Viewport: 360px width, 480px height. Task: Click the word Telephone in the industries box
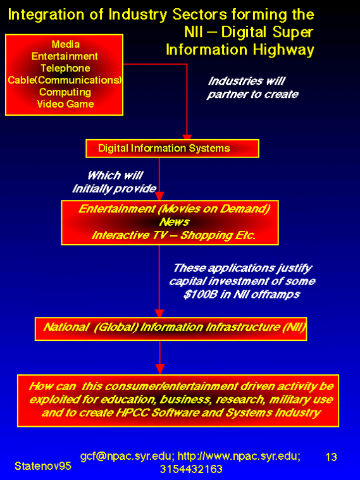pyautogui.click(x=65, y=68)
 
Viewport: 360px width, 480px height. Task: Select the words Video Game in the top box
pyautogui.click(x=65, y=104)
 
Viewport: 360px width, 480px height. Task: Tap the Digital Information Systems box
pyautogui.click(x=172, y=149)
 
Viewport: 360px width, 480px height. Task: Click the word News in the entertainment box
pyautogui.click(x=174, y=222)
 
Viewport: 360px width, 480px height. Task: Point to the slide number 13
pyautogui.click(x=331, y=457)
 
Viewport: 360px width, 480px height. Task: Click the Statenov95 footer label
pyautogui.click(x=43, y=466)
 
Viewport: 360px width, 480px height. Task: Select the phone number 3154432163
pyautogui.click(x=191, y=469)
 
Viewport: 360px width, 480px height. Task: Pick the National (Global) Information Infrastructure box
pyautogui.click(x=171, y=329)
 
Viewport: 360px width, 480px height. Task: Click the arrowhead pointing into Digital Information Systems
pyautogui.click(x=187, y=137)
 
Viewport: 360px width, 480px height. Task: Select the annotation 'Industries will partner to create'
pyautogui.click(x=252, y=87)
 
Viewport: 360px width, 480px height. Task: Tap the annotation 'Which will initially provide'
pyautogui.click(x=115, y=182)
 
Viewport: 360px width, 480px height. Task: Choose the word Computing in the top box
pyautogui.click(x=65, y=92)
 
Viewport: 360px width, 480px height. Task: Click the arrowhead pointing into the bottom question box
pyautogui.click(x=159, y=369)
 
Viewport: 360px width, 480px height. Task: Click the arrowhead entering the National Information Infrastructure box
pyautogui.click(x=159, y=314)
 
